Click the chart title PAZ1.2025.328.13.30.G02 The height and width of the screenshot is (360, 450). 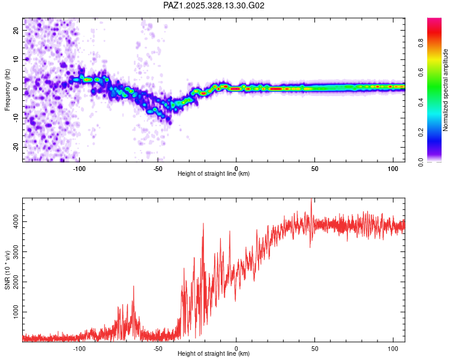(x=214, y=5)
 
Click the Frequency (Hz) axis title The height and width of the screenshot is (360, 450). (x=7, y=90)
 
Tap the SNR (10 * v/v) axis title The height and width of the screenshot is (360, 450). (x=7, y=270)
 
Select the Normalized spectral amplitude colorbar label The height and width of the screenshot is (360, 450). (x=446, y=90)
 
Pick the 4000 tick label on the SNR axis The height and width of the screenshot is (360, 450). (x=13, y=222)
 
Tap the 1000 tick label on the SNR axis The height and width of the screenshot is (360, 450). (x=13, y=312)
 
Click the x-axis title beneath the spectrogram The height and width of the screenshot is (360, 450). (x=214, y=174)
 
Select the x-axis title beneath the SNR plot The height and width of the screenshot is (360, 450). (x=214, y=354)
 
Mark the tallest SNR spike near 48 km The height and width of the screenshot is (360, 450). (x=311, y=200)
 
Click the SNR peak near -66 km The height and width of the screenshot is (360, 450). (x=133, y=287)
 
